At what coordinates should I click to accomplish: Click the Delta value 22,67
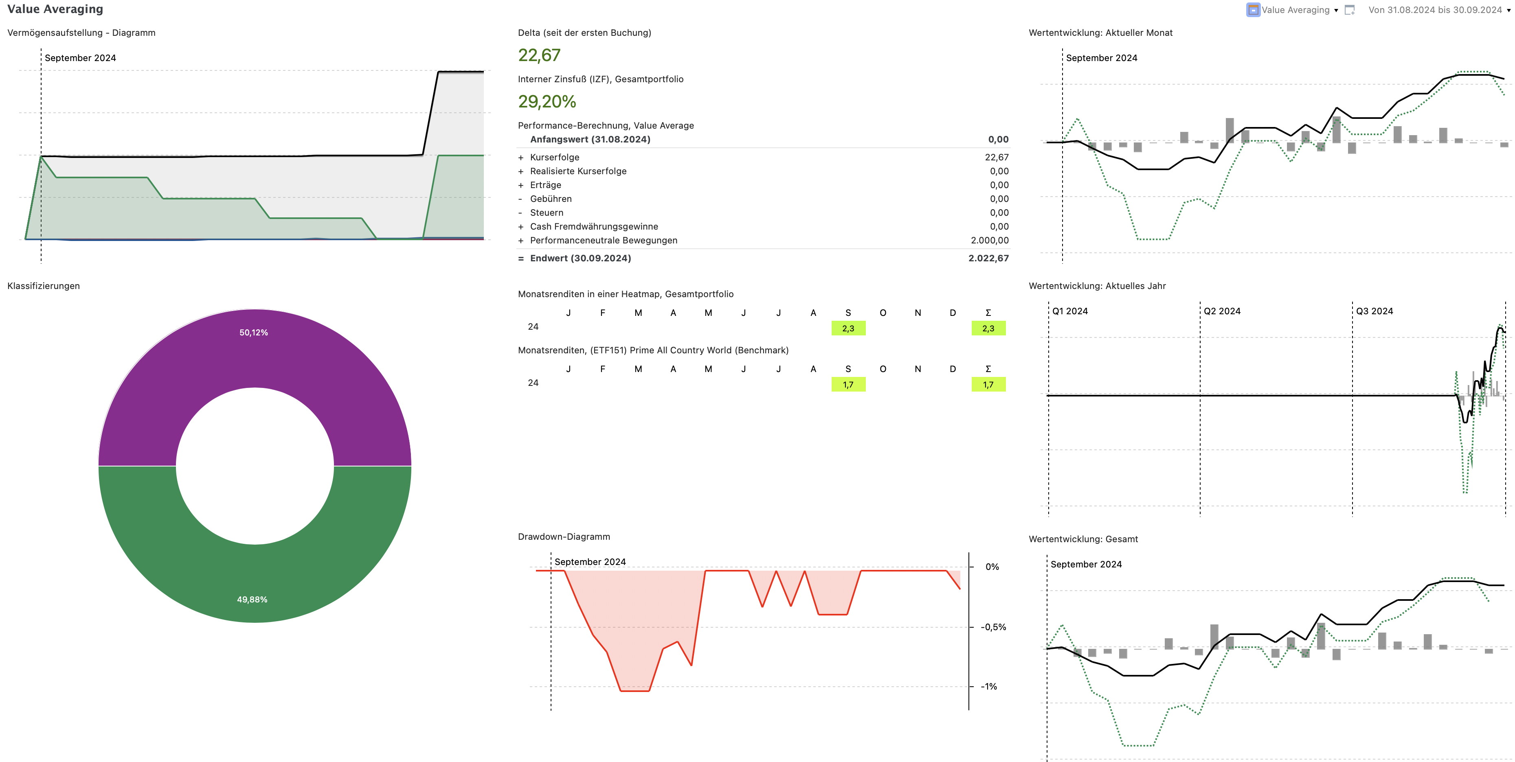click(x=539, y=55)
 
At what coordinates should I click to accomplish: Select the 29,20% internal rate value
click(x=547, y=102)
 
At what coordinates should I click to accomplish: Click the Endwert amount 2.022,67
click(x=988, y=258)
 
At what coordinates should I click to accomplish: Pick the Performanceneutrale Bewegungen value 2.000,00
click(x=989, y=241)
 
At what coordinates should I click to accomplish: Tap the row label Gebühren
click(x=551, y=199)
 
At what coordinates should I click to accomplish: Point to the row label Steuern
click(x=547, y=213)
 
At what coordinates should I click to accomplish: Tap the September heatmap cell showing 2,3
click(x=848, y=328)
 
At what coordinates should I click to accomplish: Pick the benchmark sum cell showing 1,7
click(x=988, y=385)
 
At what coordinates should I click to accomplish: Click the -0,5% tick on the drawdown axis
click(x=993, y=627)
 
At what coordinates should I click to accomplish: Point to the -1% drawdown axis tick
click(x=989, y=687)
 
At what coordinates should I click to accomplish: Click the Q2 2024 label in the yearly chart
click(x=1221, y=311)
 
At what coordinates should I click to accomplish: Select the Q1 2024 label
click(x=1070, y=311)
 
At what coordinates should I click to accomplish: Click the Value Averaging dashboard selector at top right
click(x=1294, y=10)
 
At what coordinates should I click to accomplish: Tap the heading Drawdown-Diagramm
click(x=563, y=537)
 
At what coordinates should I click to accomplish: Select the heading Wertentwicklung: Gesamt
click(x=1083, y=539)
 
